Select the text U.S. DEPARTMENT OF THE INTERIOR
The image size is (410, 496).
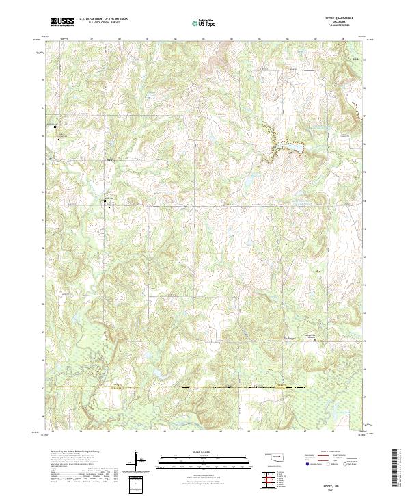pos(103,18)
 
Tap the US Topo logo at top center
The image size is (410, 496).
pos(204,22)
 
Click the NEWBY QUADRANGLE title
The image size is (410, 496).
pos(337,18)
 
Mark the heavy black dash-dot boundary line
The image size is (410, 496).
pos(205,388)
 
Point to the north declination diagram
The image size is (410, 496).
pos(139,462)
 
